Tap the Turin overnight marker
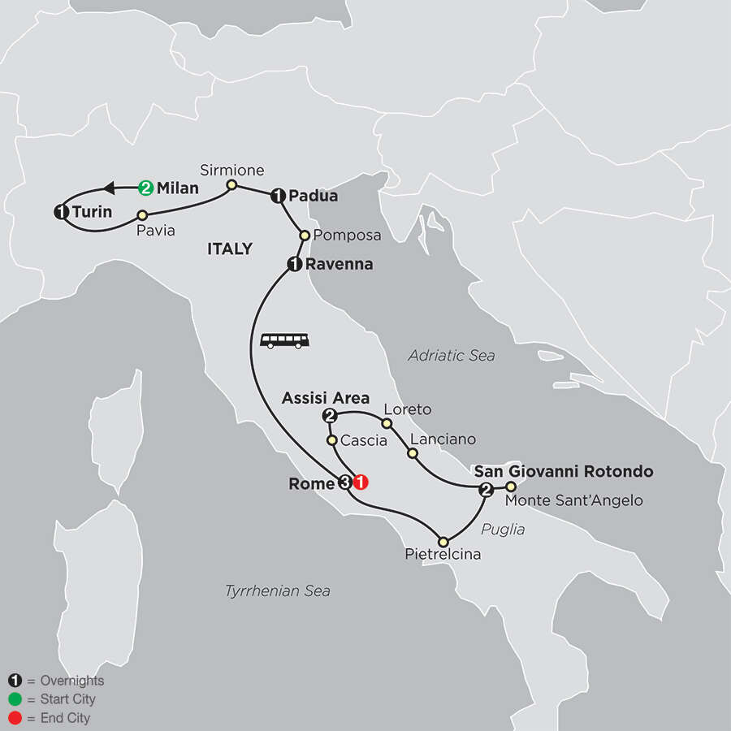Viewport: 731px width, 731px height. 60,212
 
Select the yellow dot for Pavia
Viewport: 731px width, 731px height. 142,215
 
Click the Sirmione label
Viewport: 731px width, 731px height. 233,170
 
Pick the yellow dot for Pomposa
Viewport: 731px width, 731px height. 305,235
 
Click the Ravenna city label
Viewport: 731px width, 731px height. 339,263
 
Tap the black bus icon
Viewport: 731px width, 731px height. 285,340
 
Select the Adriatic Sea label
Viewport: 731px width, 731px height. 452,355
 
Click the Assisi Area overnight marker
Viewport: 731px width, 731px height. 330,416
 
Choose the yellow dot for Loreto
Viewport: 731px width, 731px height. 387,423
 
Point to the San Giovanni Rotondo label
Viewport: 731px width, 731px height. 564,471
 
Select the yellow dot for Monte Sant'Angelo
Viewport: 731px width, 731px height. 511,487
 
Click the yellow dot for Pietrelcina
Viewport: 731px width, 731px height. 443,542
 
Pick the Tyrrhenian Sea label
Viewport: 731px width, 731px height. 278,590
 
